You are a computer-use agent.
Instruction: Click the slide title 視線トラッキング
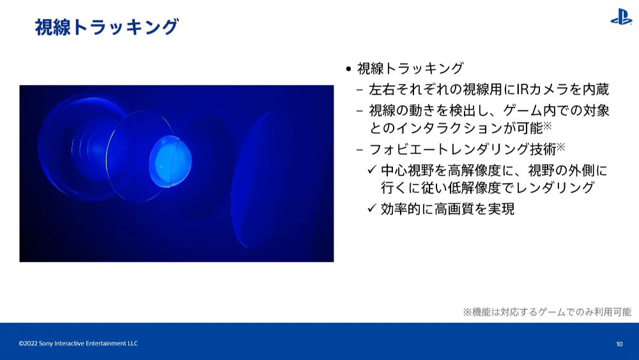[107, 27]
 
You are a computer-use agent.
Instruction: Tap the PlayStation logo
[621, 17]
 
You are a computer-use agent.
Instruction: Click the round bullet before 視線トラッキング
[348, 69]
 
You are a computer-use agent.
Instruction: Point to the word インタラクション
[449, 129]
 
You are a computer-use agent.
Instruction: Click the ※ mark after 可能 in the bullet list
[548, 125]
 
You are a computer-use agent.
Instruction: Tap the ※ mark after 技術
[561, 147]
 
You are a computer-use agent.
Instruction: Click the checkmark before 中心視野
[372, 169]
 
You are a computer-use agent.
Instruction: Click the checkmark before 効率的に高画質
[372, 208]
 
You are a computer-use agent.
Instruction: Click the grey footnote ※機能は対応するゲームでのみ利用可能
[547, 312]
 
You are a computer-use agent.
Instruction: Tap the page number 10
[619, 344]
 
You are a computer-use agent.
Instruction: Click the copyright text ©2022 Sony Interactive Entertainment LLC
[78, 343]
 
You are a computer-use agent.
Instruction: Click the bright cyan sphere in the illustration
[171, 161]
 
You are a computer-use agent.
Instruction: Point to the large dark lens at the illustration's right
[261, 180]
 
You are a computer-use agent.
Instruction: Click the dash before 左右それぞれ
[359, 90]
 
